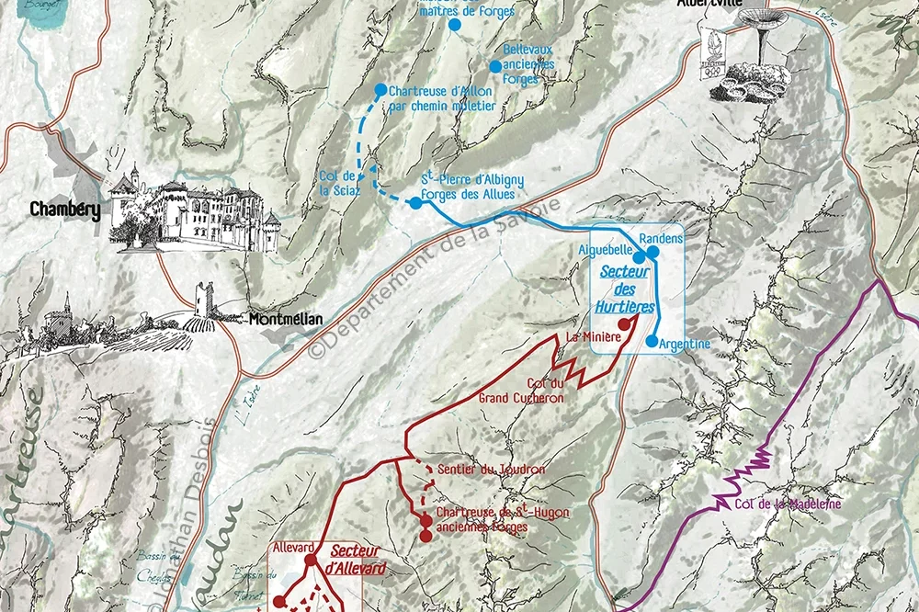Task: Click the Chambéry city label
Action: [x=64, y=210]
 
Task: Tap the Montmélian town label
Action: [x=286, y=320]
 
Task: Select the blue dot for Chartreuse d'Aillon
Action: [x=380, y=90]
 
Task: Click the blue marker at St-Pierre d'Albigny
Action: [x=415, y=203]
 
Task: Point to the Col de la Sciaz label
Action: [x=337, y=183]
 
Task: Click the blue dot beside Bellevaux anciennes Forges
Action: [x=495, y=66]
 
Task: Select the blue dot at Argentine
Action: [x=652, y=342]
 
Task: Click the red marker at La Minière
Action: [x=625, y=323]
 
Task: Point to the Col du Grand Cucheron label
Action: [x=521, y=391]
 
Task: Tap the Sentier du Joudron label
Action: [x=492, y=470]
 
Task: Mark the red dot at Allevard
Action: [x=311, y=560]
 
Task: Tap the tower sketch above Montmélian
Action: [x=203, y=301]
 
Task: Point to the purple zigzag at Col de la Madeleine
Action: [x=749, y=471]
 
